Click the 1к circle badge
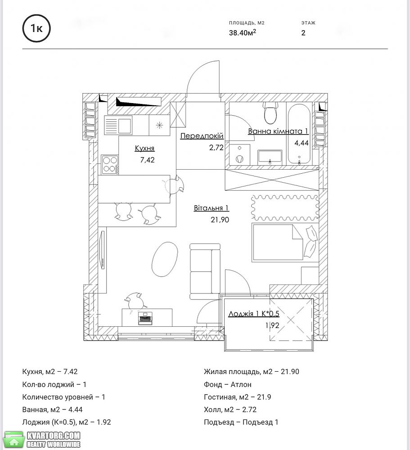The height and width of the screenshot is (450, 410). (36, 28)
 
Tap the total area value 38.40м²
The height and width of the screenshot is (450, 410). (242, 32)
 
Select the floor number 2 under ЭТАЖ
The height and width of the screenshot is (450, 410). (303, 33)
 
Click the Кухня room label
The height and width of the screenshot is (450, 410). (145, 148)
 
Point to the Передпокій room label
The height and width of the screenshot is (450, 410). (202, 136)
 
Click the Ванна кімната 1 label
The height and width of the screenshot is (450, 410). (278, 131)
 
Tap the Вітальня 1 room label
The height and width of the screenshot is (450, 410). (212, 208)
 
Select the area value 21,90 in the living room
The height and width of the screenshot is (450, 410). (220, 220)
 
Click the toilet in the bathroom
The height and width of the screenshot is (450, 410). (270, 113)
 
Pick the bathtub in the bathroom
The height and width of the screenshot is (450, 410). (299, 134)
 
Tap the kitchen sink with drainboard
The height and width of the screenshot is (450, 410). (118, 125)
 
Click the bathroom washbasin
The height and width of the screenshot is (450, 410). (270, 157)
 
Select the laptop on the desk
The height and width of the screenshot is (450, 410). (145, 318)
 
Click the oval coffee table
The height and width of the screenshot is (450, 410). (165, 259)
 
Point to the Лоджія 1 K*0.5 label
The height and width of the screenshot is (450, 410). (253, 313)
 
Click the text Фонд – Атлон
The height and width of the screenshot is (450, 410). (228, 384)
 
